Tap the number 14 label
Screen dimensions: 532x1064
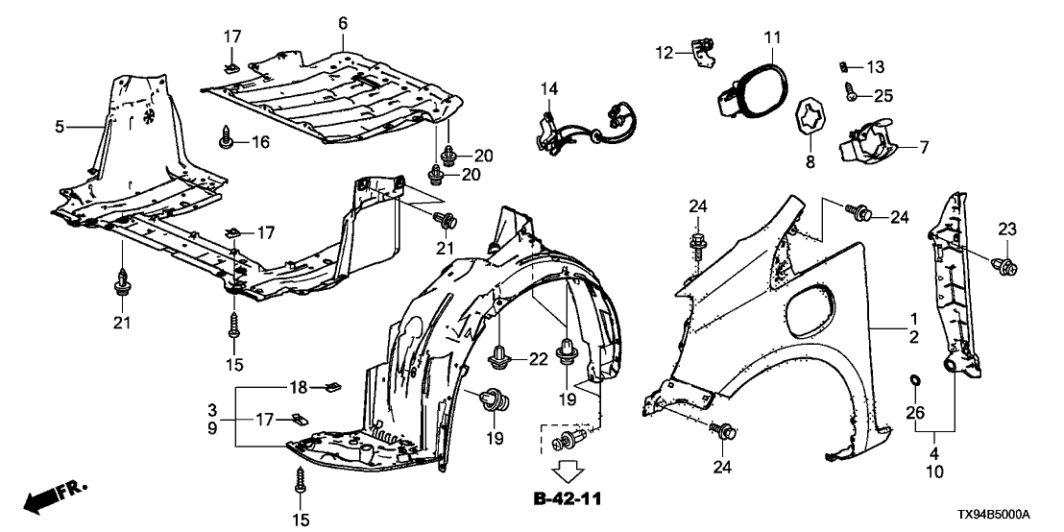click(x=548, y=88)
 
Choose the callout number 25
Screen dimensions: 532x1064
click(x=883, y=94)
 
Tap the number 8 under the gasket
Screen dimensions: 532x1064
click(x=810, y=163)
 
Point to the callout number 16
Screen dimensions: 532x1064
click(x=260, y=142)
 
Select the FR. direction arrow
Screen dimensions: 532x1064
click(x=53, y=498)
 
